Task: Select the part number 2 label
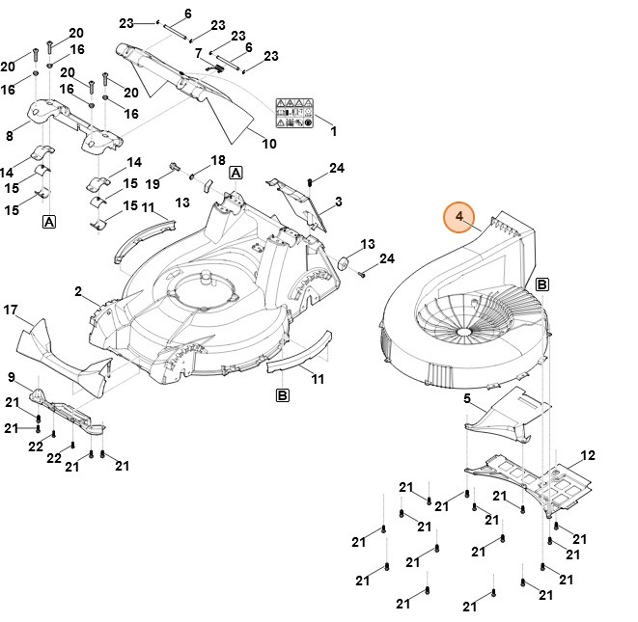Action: (78, 290)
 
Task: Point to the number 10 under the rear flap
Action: (268, 144)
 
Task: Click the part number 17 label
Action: (11, 310)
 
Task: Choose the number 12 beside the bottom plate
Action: (588, 454)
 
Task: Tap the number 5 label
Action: (467, 398)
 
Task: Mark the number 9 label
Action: (11, 376)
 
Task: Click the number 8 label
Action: (11, 136)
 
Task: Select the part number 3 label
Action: (339, 202)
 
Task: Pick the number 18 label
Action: (218, 160)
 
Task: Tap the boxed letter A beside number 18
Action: (236, 173)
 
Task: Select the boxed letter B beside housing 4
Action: (541, 284)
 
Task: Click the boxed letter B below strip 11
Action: (283, 395)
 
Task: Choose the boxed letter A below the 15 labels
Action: (48, 223)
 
